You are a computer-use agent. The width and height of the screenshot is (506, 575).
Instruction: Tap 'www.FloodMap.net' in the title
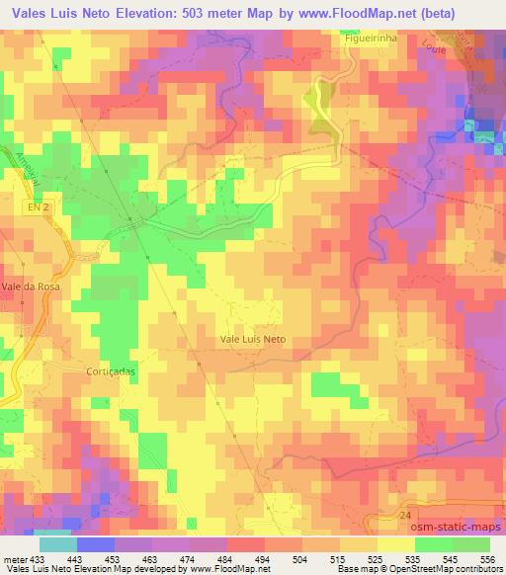pos(373,13)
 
